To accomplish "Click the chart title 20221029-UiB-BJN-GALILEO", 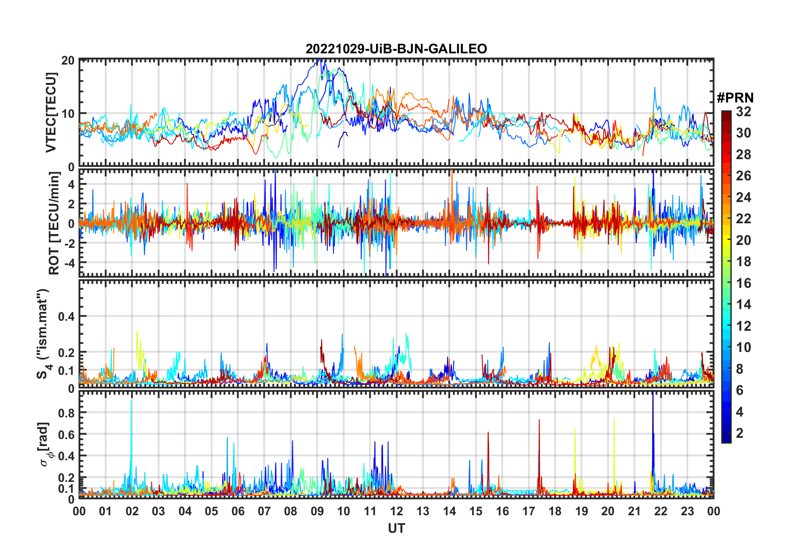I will click(x=396, y=49).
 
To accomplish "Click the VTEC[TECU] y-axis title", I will click(x=51, y=112).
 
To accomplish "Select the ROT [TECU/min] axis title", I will click(x=54, y=223).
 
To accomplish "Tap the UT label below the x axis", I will click(x=396, y=528).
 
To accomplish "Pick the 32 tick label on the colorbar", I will click(x=743, y=112).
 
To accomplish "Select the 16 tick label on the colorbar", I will click(x=743, y=283).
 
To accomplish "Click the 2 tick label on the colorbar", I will click(x=740, y=433).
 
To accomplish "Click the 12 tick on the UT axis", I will click(x=396, y=511).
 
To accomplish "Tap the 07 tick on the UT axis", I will click(x=264, y=511).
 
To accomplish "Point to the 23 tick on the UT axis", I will click(x=687, y=511).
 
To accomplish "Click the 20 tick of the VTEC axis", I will click(x=68, y=60).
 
